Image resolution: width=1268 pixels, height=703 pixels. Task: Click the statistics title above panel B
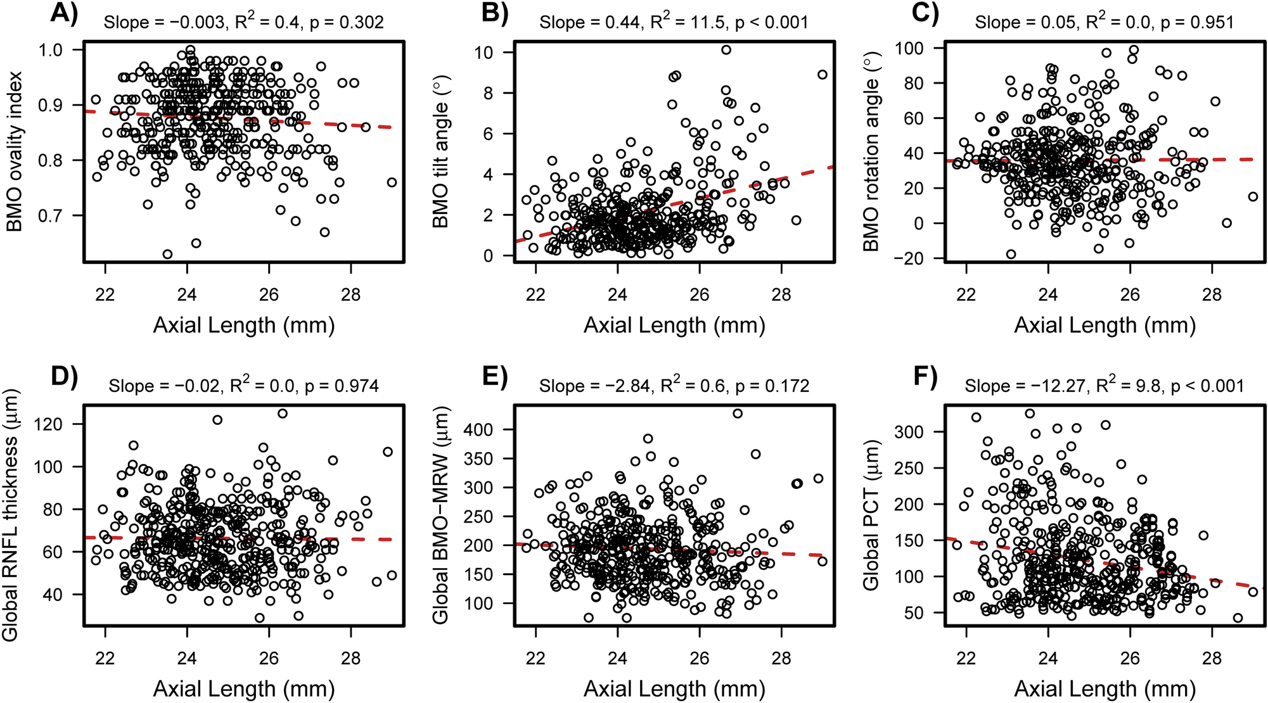point(674,23)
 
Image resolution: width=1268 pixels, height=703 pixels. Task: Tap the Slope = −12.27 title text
point(1104,386)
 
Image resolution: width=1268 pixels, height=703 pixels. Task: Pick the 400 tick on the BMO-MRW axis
point(480,429)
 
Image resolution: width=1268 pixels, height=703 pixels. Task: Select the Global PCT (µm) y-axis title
point(871,514)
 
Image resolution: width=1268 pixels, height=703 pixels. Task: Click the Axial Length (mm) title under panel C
point(1105,326)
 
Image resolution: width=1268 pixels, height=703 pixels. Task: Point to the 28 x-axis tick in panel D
point(350,658)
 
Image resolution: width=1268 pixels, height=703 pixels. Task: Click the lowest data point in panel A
point(167,254)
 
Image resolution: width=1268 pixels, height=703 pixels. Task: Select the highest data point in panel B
point(726,50)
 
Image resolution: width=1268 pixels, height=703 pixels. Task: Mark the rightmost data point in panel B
point(822,75)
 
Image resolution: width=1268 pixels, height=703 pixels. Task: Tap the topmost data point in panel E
point(738,414)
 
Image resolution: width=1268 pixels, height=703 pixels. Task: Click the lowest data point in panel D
point(259,617)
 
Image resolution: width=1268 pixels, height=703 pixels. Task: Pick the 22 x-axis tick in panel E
point(535,658)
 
